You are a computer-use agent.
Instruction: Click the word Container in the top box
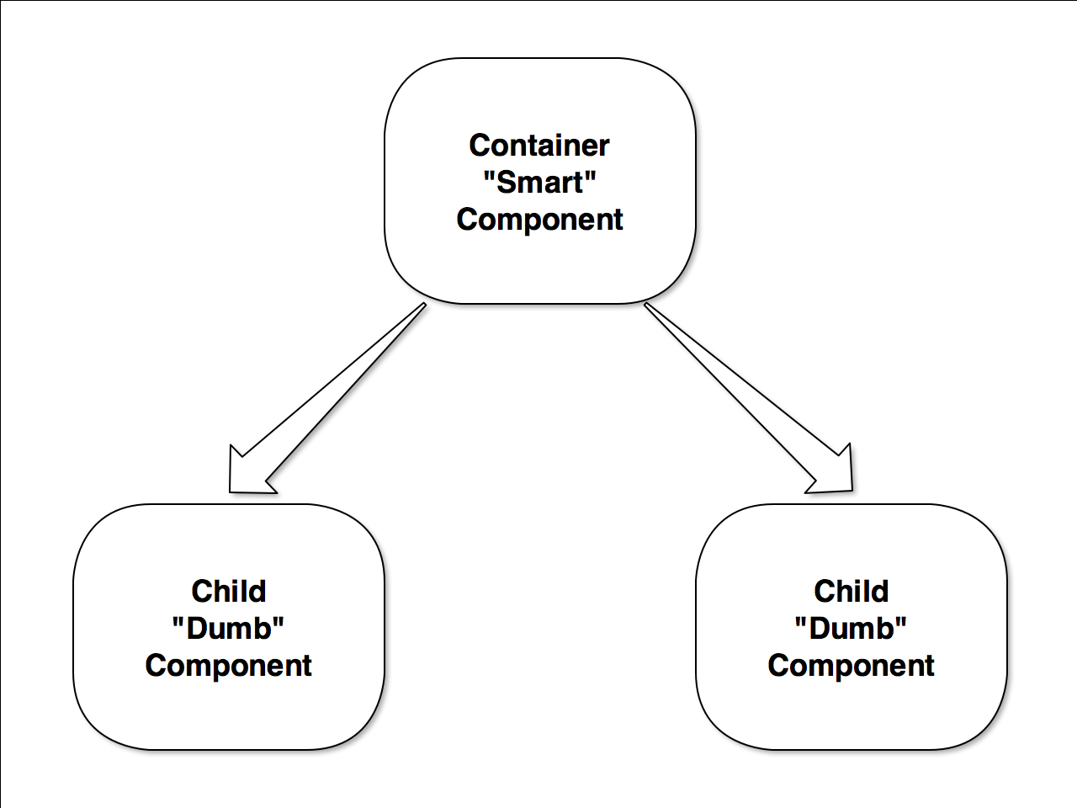[x=538, y=145]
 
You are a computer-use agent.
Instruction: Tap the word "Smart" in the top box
[x=539, y=182]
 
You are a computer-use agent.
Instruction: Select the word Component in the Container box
[x=539, y=219]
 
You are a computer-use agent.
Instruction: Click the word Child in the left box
[x=228, y=591]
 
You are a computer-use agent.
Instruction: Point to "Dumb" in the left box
[x=228, y=628]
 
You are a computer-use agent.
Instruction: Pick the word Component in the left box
[x=228, y=665]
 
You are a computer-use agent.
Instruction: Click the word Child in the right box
[x=851, y=591]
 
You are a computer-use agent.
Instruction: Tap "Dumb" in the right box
[x=851, y=628]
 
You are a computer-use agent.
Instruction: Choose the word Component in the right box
[x=851, y=665]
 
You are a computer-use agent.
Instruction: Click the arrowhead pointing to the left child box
[x=245, y=476]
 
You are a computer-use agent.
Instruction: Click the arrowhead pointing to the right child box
[x=837, y=475]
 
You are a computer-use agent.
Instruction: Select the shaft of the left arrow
[x=337, y=387]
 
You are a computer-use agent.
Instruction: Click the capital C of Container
[x=480, y=145]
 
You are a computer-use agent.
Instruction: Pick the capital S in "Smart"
[x=505, y=182]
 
